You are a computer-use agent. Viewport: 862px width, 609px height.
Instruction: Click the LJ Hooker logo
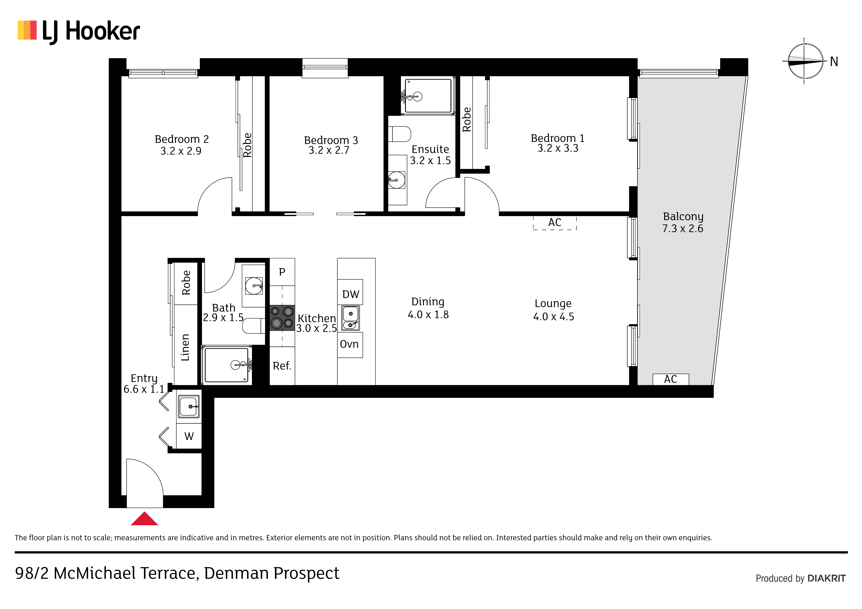[79, 31]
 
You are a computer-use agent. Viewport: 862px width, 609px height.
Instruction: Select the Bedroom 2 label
[182, 139]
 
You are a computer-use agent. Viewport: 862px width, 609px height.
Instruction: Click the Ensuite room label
[430, 149]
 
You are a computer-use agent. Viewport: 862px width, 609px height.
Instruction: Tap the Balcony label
[683, 217]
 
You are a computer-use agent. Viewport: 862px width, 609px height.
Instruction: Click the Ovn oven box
[350, 345]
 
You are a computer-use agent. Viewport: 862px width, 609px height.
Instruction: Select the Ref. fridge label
[282, 366]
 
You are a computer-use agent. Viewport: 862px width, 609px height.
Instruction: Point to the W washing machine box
[189, 436]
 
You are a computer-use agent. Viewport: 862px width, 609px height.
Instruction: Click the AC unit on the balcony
[671, 379]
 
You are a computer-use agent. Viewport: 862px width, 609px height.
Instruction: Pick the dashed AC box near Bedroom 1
[555, 223]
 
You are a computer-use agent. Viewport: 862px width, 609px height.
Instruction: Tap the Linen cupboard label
[185, 347]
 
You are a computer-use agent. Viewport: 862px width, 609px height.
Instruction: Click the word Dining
[428, 302]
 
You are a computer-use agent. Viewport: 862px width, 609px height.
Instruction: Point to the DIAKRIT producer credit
[826, 578]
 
